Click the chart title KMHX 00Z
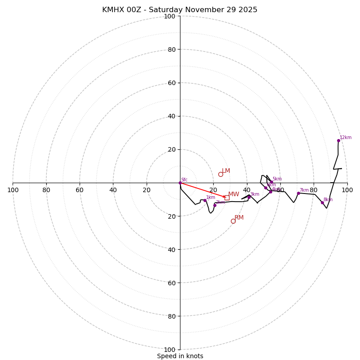[180, 10]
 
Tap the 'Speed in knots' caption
[180, 356]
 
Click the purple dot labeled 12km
[338, 140]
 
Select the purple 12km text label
[346, 138]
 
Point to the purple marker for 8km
[322, 202]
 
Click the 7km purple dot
[298, 193]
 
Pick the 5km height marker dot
[271, 182]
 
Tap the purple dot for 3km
[249, 197]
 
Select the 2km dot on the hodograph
[215, 205]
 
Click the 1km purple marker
[205, 200]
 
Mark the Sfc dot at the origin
[180, 183]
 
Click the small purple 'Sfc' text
[184, 180]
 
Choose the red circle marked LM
[220, 174]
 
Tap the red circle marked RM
[233, 221]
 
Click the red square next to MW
[227, 198]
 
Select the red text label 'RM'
[239, 218]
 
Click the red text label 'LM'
[226, 171]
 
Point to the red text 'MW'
[234, 194]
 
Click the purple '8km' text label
[328, 200]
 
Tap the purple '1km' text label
[211, 198]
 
